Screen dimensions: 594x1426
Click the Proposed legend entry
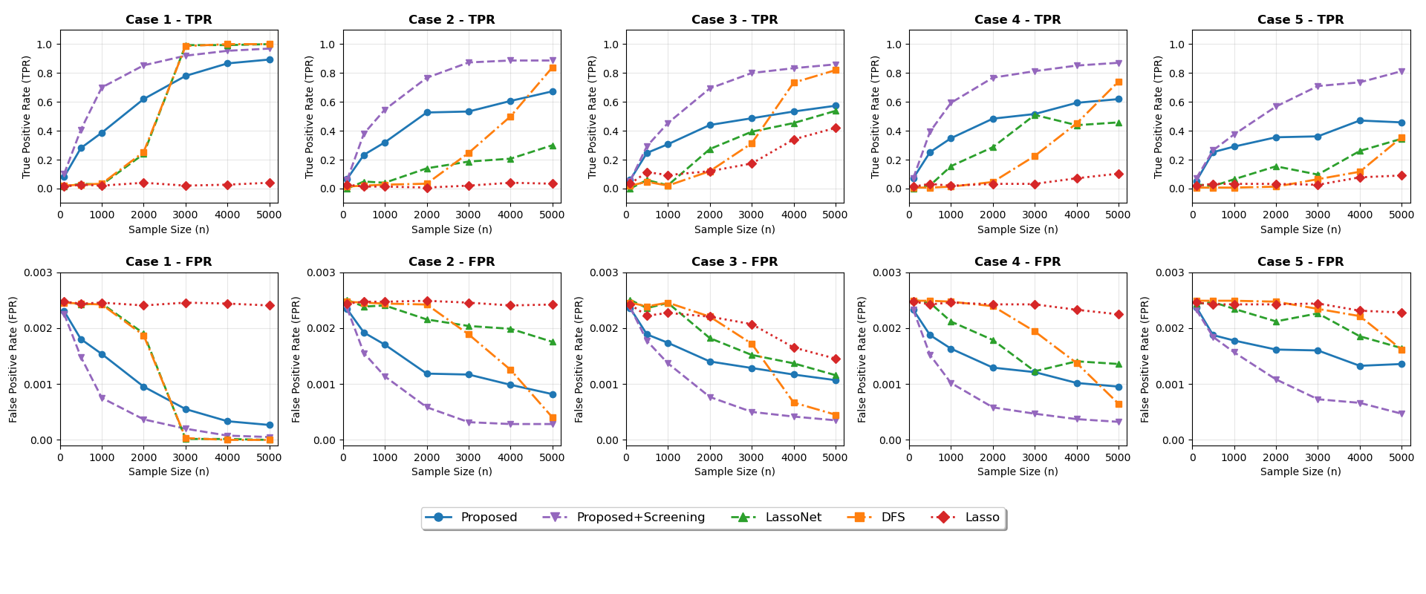point(488,518)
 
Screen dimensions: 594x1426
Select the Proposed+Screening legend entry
point(640,518)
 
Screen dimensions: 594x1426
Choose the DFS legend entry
point(893,518)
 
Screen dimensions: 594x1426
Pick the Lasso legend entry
point(982,518)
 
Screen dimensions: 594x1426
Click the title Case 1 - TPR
point(169,20)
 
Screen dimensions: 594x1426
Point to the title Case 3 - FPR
point(735,262)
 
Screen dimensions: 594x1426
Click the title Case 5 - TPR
point(1300,20)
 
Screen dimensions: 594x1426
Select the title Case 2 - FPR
point(452,262)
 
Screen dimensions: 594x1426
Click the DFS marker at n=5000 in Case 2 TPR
point(553,68)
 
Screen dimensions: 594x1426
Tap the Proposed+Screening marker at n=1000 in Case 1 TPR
point(102,88)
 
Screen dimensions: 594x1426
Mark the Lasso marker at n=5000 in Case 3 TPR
point(836,128)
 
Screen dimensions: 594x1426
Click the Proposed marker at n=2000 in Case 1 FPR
point(143,387)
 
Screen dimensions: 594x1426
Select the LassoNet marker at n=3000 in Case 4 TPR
point(1035,114)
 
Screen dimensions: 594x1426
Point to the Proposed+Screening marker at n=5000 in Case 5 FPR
point(1401,414)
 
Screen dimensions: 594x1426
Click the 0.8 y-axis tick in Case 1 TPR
point(44,74)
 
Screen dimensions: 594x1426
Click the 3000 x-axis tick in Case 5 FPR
point(1318,457)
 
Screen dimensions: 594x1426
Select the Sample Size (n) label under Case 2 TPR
point(452,229)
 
